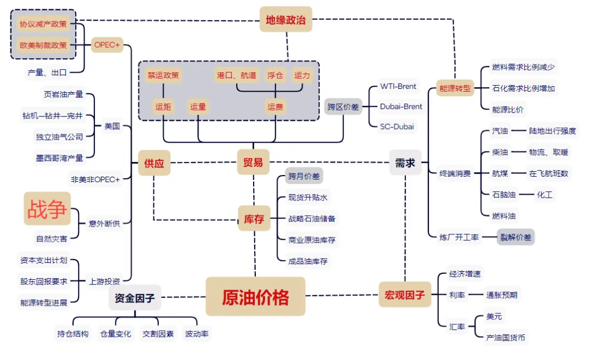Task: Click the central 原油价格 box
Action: (x=255, y=297)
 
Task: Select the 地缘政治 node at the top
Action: (x=286, y=20)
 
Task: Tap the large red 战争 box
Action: (x=47, y=209)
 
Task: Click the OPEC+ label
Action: (x=107, y=45)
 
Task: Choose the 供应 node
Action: (x=154, y=162)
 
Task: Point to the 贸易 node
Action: (x=253, y=162)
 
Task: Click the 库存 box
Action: (x=254, y=219)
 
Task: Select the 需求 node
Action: (x=405, y=162)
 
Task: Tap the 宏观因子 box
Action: (x=405, y=295)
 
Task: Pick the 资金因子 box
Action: (x=135, y=299)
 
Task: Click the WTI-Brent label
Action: (x=398, y=86)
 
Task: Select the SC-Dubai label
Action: (x=397, y=126)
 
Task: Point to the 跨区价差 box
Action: (x=344, y=106)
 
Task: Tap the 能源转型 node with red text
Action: (x=455, y=88)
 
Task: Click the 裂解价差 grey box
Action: (x=516, y=237)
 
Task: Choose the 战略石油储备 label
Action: (x=312, y=218)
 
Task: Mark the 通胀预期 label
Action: (x=501, y=295)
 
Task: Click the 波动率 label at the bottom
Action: (x=197, y=333)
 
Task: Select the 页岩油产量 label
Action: (x=63, y=94)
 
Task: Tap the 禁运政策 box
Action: (x=163, y=75)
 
